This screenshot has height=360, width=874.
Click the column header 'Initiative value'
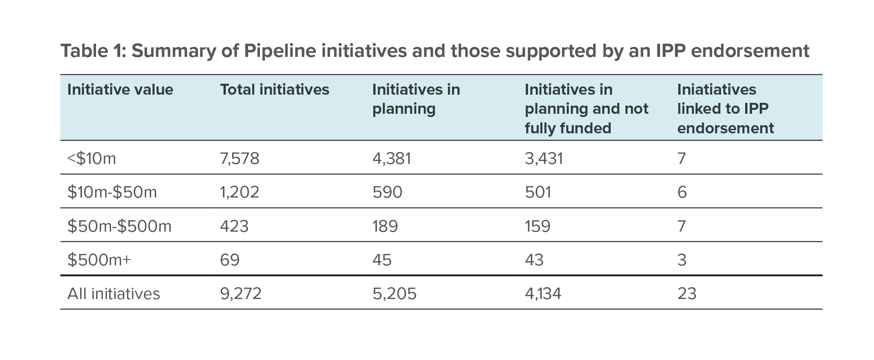coord(120,90)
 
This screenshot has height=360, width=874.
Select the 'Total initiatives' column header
coord(274,90)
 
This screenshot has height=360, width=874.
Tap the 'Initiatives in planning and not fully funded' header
coord(586,109)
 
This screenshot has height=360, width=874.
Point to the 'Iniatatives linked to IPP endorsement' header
coord(725,109)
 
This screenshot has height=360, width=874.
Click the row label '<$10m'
coord(91,158)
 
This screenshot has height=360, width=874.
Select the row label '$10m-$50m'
coord(112,192)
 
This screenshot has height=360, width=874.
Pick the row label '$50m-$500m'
coord(119,226)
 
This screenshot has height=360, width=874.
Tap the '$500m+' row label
coord(99,260)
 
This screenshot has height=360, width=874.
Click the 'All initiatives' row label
coord(114,294)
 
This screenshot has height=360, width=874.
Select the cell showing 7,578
coord(239,158)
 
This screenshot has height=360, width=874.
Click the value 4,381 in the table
coord(391,158)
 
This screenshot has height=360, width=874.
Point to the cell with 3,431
coord(544,158)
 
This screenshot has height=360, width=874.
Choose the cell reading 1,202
coord(239,192)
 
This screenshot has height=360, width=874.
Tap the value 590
coord(387,192)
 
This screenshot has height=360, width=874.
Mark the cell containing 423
coord(234,226)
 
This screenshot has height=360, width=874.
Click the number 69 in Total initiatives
coord(230,260)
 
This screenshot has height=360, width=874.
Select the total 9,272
coord(241,294)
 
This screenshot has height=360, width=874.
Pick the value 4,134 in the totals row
coord(543,294)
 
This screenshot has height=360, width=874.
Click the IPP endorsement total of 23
coord(687,294)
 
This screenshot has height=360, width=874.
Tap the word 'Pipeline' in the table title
coord(279,51)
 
